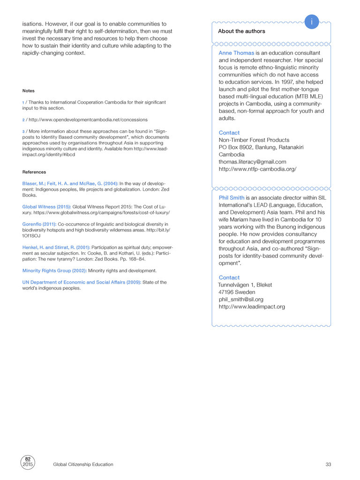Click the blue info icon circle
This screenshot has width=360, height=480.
(x=312, y=22)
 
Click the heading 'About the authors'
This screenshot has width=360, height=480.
(x=241, y=31)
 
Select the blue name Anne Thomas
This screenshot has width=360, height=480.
(x=236, y=53)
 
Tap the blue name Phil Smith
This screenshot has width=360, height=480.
(x=232, y=198)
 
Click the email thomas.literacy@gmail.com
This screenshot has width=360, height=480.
(x=252, y=162)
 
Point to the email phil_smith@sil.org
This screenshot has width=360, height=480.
(x=241, y=299)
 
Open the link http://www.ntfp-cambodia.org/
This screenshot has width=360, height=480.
(x=257, y=169)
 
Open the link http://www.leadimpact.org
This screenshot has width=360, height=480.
(x=252, y=307)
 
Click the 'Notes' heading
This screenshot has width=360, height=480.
(x=28, y=91)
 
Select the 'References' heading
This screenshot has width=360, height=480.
(x=34, y=172)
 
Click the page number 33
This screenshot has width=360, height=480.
(x=328, y=465)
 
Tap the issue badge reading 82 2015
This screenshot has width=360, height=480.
(x=28, y=461)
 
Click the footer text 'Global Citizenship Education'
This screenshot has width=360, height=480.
(x=83, y=465)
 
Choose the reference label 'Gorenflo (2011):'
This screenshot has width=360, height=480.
(x=39, y=224)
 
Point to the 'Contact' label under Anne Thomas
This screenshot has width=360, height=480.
(x=229, y=133)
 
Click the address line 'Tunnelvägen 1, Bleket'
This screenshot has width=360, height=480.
(x=245, y=285)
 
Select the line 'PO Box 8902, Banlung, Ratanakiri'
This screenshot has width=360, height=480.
(x=261, y=147)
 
